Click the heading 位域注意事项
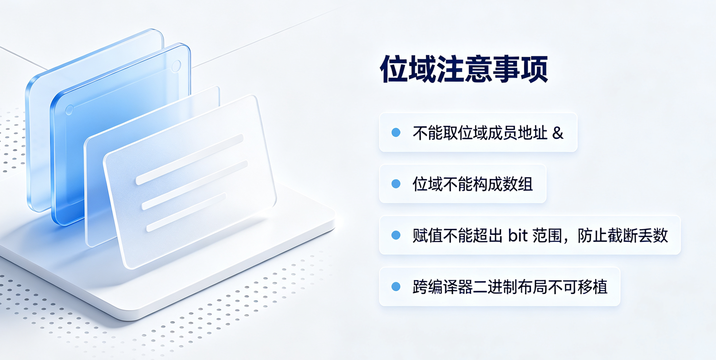[x=464, y=69]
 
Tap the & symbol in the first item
[x=558, y=133]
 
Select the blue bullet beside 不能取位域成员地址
[x=396, y=133]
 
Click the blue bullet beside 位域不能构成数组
[x=396, y=184]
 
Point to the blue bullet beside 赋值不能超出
[x=396, y=235]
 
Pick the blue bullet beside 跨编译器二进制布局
[x=396, y=286]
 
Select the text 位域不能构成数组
[x=473, y=184]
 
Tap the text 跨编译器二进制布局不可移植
[x=510, y=287]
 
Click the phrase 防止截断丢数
[x=623, y=236]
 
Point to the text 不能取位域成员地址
[x=480, y=133]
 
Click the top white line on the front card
[x=190, y=159]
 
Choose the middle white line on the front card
[x=195, y=185]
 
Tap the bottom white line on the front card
[x=186, y=212]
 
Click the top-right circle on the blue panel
[x=176, y=66]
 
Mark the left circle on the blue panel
[x=69, y=110]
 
